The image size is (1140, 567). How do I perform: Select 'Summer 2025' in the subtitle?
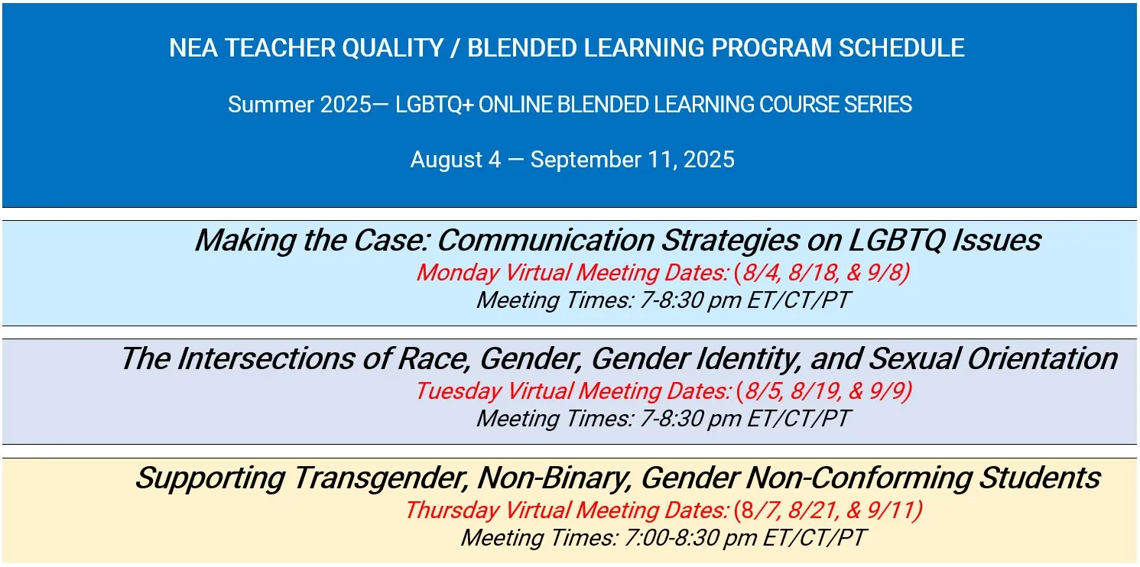(x=299, y=104)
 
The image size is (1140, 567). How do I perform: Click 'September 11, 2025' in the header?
(x=632, y=160)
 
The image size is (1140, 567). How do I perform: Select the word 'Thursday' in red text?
(x=452, y=510)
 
